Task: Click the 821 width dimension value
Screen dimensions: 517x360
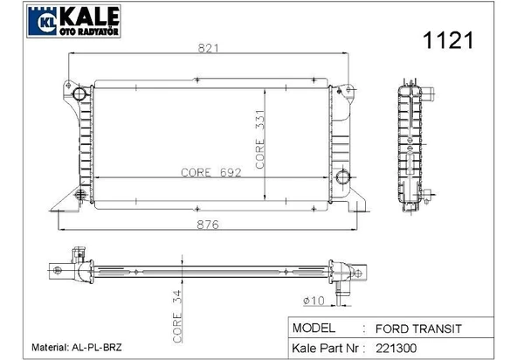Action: pos(208,48)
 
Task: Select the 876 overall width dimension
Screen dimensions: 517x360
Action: pos(208,225)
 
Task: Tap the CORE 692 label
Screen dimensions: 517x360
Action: pos(211,172)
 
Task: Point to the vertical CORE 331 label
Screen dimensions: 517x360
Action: pos(260,139)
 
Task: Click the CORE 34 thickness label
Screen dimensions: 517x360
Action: pos(177,316)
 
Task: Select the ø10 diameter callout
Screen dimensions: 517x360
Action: pos(314,301)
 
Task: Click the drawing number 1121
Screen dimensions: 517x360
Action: pos(448,40)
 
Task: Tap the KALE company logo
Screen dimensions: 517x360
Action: pos(73,21)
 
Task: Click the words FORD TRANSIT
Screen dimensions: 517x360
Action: pos(418,329)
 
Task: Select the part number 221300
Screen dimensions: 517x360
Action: pos(396,348)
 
